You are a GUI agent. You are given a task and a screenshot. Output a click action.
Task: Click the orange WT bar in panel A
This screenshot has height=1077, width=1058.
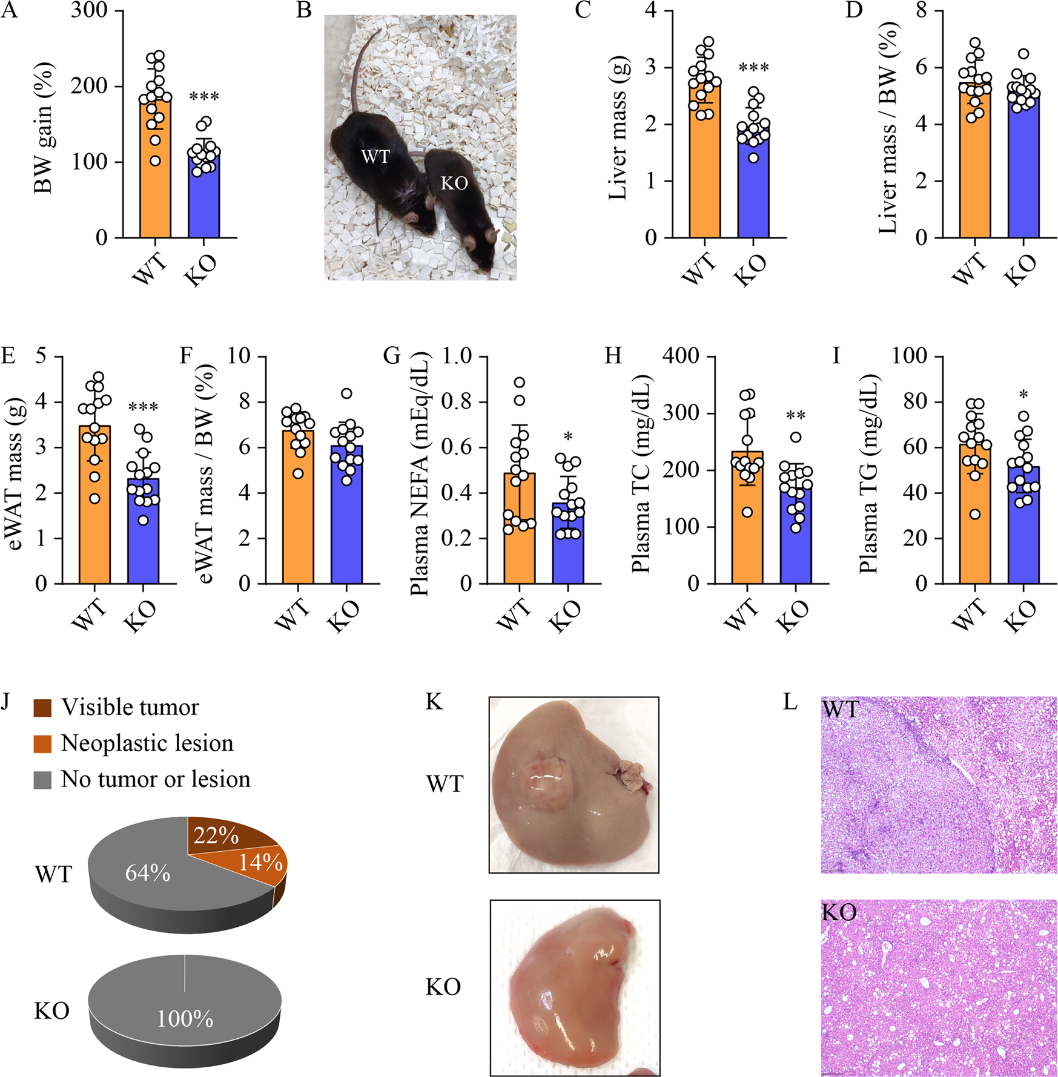[x=155, y=182]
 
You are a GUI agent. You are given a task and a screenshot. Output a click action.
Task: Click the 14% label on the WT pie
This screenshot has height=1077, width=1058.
[x=261, y=861]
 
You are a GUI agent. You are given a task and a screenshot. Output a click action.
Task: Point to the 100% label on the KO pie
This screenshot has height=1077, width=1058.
[x=185, y=1019]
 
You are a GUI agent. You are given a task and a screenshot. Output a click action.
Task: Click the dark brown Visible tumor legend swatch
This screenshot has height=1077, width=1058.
[x=42, y=707]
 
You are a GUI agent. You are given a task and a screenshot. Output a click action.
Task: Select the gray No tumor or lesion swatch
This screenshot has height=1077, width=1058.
[x=42, y=779]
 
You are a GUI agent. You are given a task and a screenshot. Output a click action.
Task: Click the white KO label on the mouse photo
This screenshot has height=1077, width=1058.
[x=454, y=183]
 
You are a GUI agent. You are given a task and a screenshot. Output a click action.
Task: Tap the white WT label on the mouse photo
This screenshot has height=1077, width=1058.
[x=375, y=157]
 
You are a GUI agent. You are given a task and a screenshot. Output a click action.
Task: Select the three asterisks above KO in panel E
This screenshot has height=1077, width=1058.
[x=144, y=407]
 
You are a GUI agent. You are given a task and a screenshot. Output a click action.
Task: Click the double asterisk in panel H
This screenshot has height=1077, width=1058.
[x=795, y=416]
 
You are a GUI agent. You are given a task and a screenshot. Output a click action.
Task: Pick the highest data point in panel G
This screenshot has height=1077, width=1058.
[x=520, y=382]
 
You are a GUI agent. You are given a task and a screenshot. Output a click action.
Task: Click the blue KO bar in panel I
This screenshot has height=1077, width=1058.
[x=1023, y=527]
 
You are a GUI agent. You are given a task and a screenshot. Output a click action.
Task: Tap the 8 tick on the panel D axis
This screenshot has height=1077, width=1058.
[x=922, y=10]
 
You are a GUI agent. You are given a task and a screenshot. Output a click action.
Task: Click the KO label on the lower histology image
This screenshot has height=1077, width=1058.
[x=839, y=912]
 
